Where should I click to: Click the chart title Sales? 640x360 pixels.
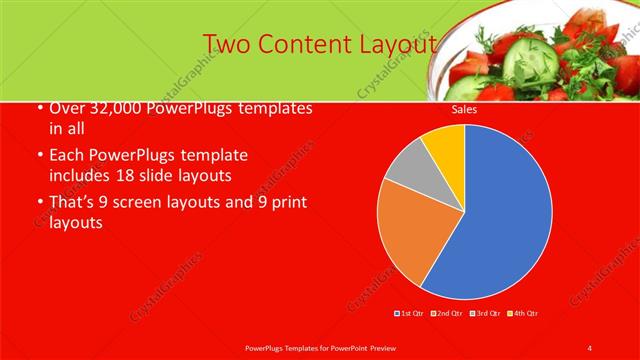(x=463, y=110)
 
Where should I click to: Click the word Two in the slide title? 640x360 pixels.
(x=226, y=45)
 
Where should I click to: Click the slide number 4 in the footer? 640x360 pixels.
(x=589, y=347)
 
